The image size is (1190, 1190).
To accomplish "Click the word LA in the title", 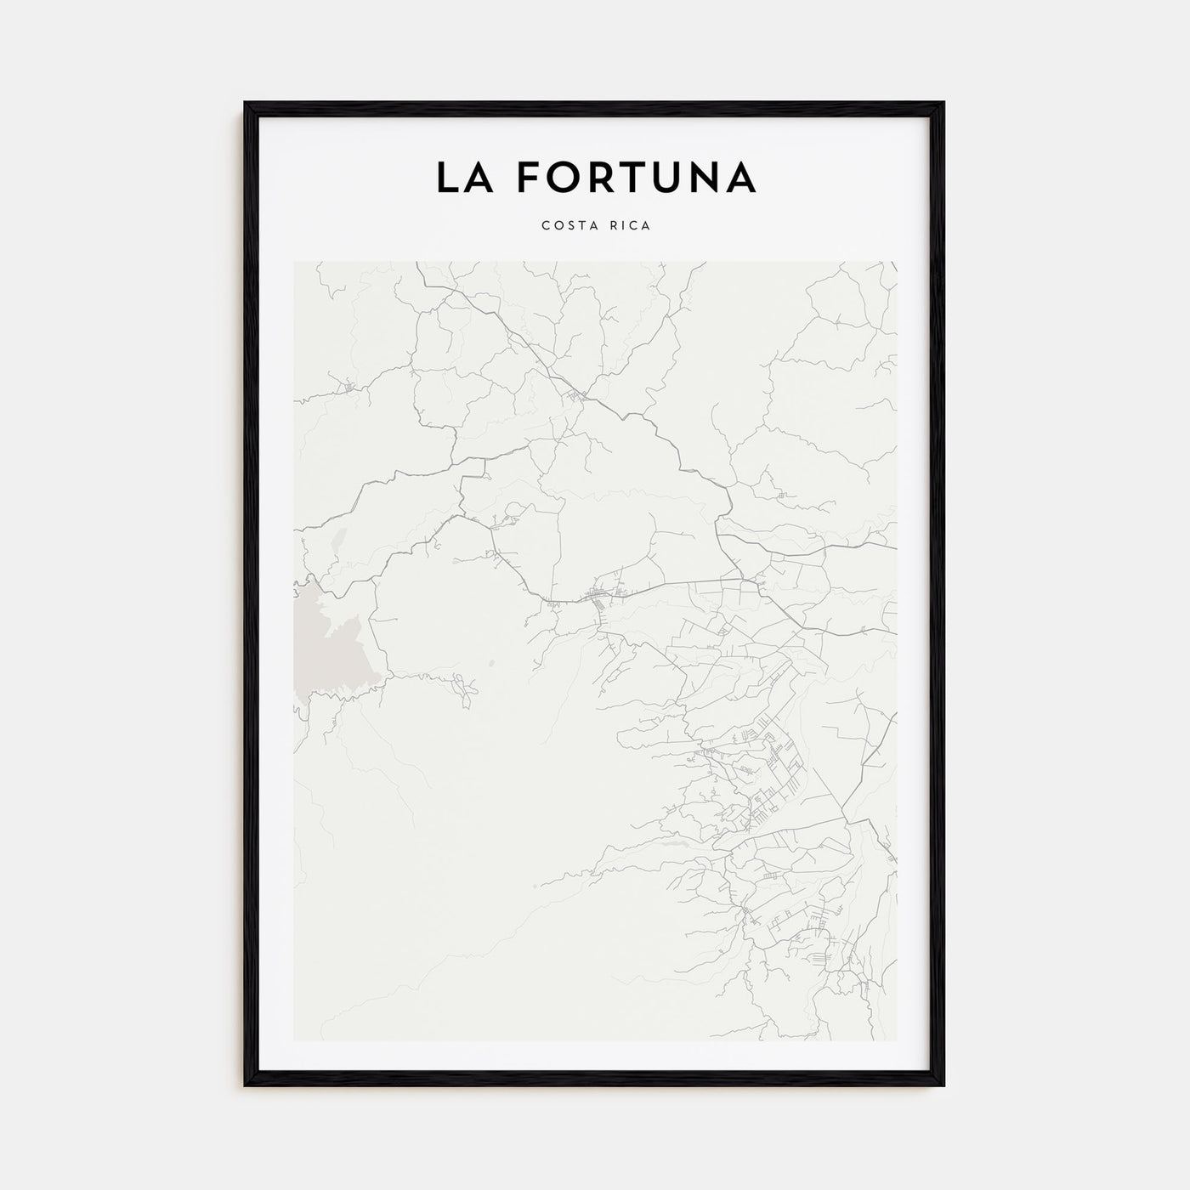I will pyautogui.click(x=466, y=177).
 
